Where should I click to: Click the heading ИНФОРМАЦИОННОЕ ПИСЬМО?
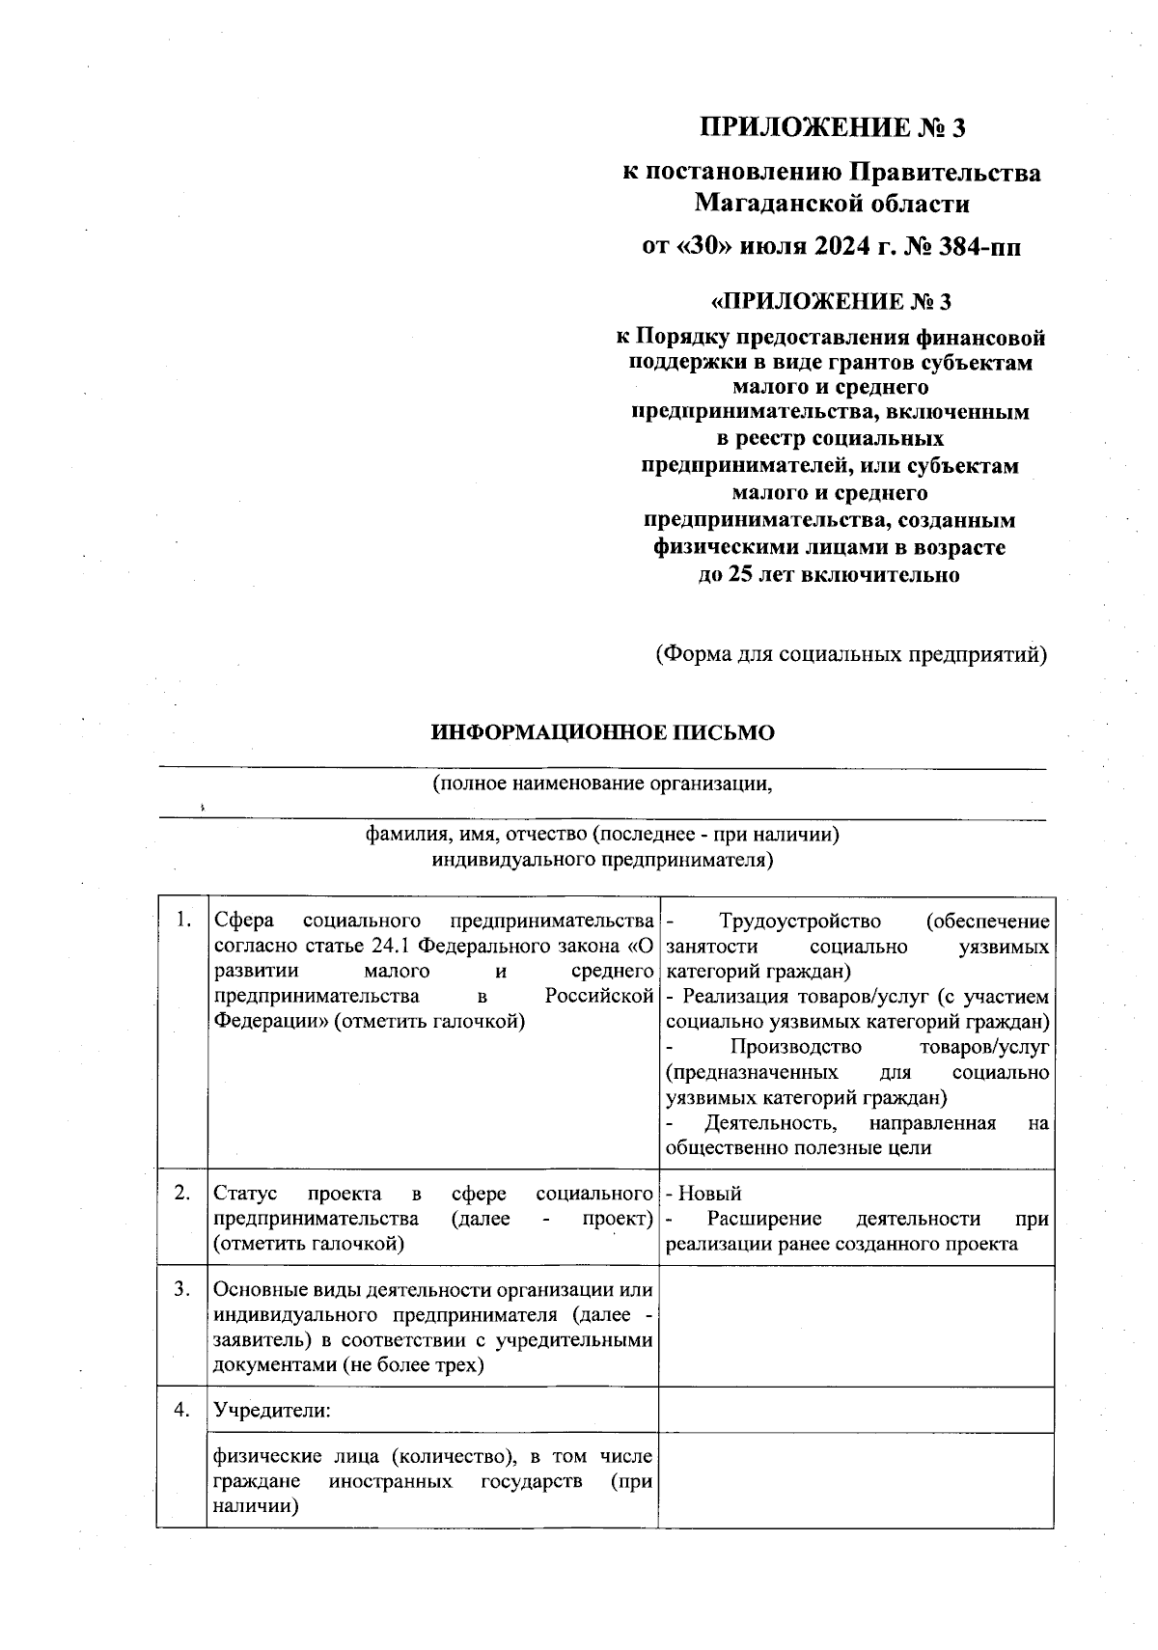[x=602, y=732]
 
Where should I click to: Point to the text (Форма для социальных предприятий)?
[x=851, y=654]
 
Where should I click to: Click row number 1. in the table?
[x=181, y=920]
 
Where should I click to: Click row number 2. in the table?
[x=181, y=1193]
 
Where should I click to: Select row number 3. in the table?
[x=181, y=1289]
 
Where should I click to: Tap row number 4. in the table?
[x=181, y=1410]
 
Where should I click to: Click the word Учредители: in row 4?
[x=272, y=1411]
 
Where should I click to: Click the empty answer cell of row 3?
[x=855, y=1327]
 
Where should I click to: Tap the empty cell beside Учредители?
[x=855, y=1410]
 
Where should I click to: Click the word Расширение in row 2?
[x=764, y=1219]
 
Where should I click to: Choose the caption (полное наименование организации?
[x=602, y=783]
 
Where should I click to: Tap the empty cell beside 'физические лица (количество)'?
[x=855, y=1480]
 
